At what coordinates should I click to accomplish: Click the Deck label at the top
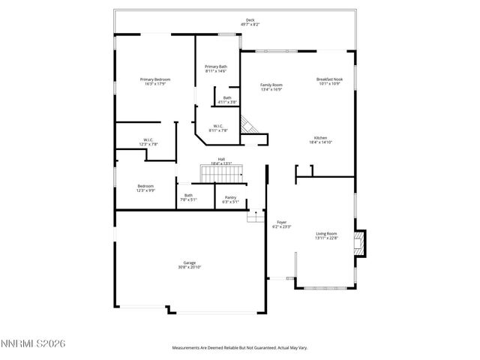click(x=250, y=20)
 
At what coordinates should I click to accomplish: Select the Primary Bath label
click(x=216, y=67)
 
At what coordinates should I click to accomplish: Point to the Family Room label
click(x=271, y=85)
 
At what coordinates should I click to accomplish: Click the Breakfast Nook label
click(x=328, y=79)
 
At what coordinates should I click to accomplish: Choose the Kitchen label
click(x=320, y=137)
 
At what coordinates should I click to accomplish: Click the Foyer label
click(x=281, y=222)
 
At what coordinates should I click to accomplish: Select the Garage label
click(x=190, y=262)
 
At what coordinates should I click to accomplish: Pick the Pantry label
click(x=230, y=197)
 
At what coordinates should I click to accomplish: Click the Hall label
click(x=221, y=158)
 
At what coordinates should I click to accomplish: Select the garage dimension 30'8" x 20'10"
click(x=190, y=267)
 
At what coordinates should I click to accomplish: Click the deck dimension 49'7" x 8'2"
click(x=250, y=25)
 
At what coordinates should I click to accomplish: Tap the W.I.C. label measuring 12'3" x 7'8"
click(x=148, y=139)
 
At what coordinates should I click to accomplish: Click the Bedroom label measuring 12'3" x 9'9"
click(x=145, y=186)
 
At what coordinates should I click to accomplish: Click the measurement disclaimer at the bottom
click(x=239, y=348)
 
